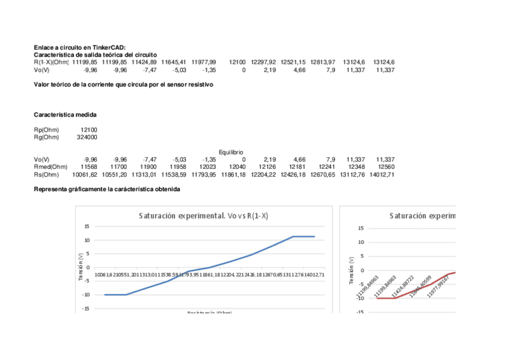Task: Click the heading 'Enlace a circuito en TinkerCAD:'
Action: coord(79,47)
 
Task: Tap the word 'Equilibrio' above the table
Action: coord(232,152)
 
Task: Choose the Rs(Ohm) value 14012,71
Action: coord(382,174)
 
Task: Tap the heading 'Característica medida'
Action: coord(65,114)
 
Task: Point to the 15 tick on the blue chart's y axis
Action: coord(87,227)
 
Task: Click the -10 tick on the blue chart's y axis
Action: coord(85,294)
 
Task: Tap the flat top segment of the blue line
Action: coord(304,236)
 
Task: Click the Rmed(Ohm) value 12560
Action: coord(386,166)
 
